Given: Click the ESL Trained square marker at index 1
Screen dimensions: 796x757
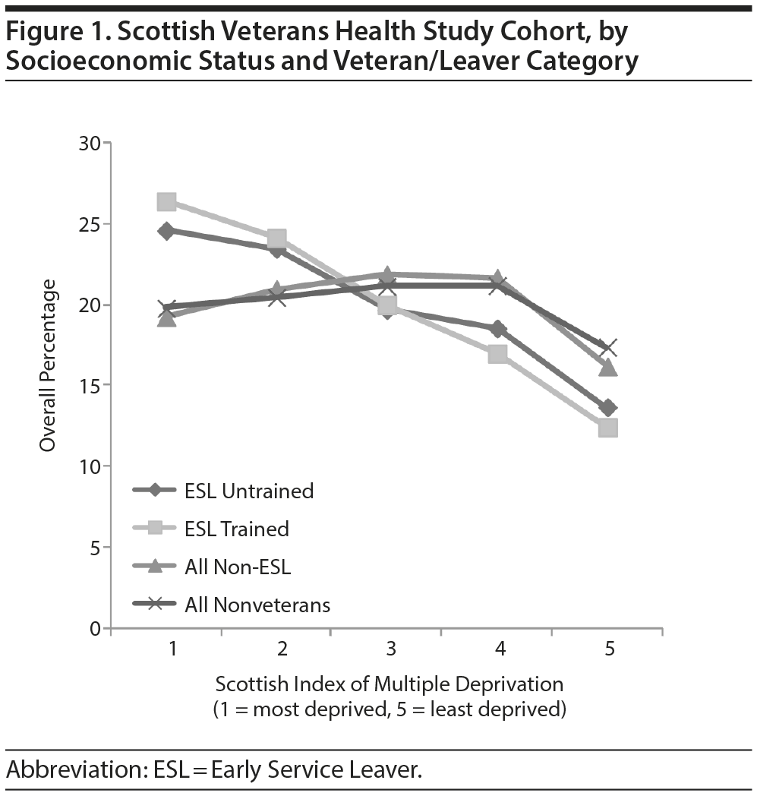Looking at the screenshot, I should click(x=167, y=201).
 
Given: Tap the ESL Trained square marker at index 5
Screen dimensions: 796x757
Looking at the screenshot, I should click(x=607, y=428).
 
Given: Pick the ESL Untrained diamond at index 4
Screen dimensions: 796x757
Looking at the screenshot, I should click(x=497, y=329).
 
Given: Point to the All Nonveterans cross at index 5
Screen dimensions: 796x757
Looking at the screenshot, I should click(x=607, y=348).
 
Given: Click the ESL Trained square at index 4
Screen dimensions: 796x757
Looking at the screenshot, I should click(x=497, y=354).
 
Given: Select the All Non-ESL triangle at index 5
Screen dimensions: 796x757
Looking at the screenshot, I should click(x=607, y=368).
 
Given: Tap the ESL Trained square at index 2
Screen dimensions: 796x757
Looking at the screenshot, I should click(x=277, y=239).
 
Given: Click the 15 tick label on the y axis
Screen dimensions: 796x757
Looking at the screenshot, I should click(x=90, y=385).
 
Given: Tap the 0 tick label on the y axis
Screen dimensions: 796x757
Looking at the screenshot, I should click(x=96, y=628).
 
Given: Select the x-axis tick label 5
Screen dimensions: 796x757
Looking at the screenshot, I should click(x=610, y=649).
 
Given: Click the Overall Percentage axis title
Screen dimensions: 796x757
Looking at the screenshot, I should click(x=49, y=365).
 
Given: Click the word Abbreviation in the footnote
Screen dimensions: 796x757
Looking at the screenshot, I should click(x=68, y=769).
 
